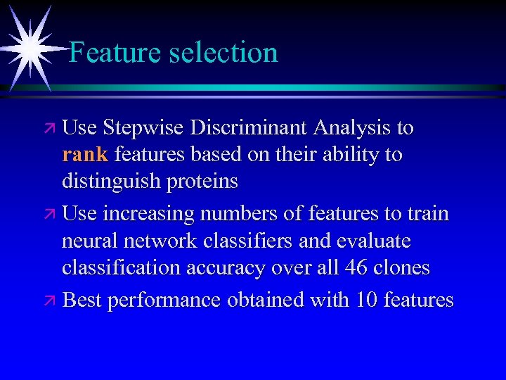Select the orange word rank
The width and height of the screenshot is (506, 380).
85,155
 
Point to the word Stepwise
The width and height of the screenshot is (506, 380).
145,129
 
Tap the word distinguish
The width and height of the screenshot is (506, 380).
112,182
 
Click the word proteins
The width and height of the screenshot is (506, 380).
203,182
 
